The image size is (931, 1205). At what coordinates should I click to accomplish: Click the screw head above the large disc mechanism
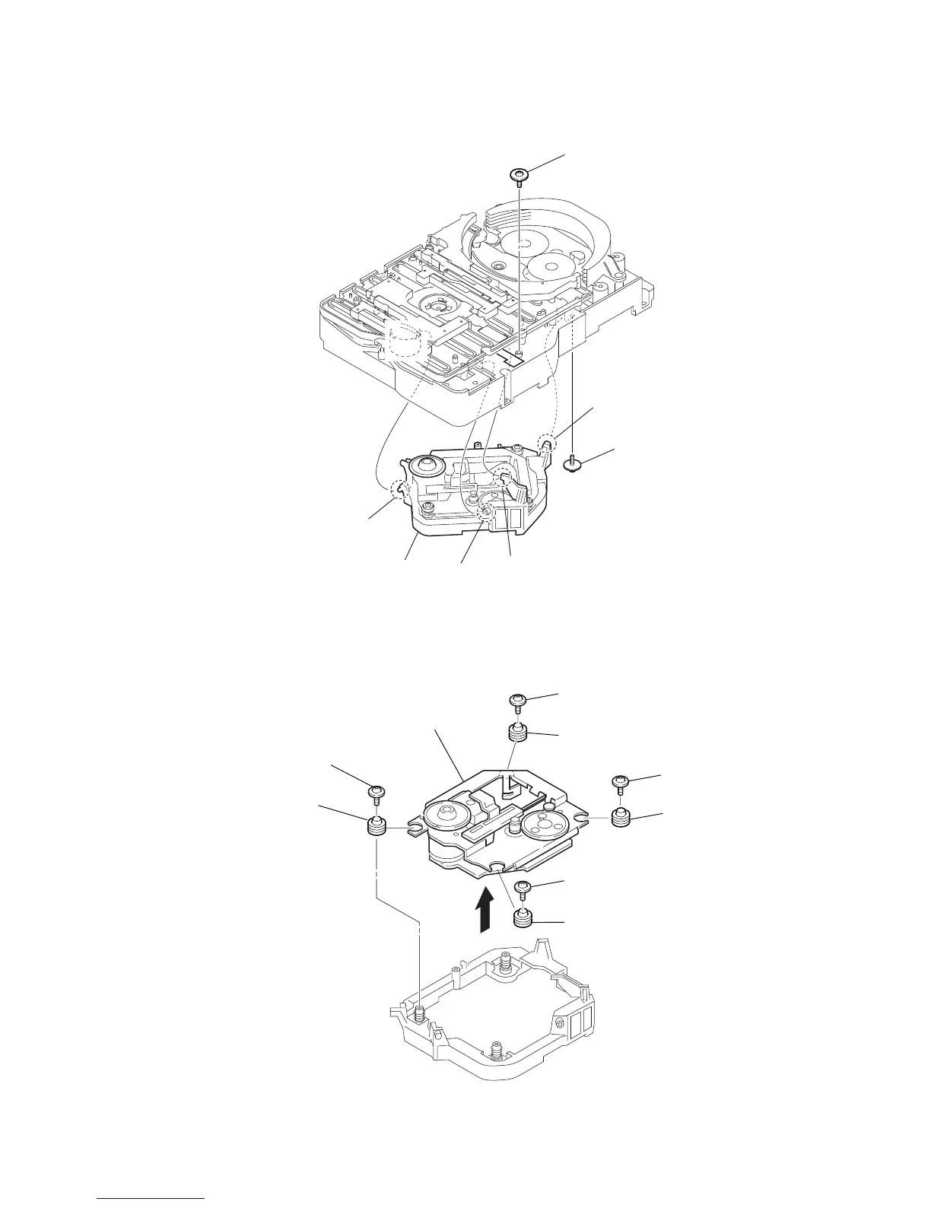[518, 174]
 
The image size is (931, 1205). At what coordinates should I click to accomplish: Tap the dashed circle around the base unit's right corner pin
[545, 442]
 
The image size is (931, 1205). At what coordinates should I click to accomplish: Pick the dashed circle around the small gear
[486, 514]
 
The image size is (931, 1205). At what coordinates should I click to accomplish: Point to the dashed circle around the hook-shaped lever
[503, 478]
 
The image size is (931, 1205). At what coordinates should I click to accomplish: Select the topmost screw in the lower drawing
[517, 700]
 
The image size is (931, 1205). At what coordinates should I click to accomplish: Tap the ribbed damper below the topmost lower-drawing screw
[517, 735]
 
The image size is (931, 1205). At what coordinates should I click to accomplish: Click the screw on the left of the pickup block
[377, 793]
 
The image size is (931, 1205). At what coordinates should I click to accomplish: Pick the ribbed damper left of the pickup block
[376, 825]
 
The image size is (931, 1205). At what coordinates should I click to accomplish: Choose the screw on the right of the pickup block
[621, 782]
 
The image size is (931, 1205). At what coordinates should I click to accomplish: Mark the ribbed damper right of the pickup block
[621, 819]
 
